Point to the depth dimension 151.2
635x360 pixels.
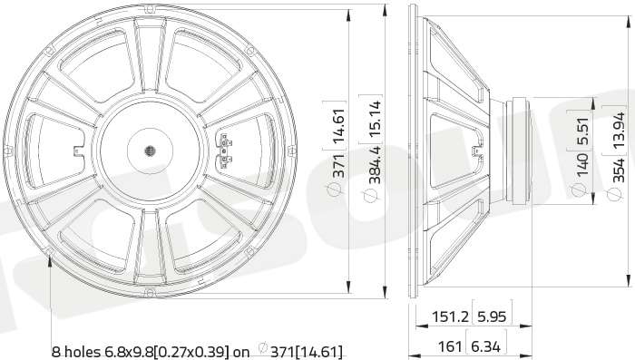point(450,316)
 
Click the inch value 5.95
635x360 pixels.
point(492,316)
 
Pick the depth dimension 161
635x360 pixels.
point(450,346)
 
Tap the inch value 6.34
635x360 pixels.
point(486,346)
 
